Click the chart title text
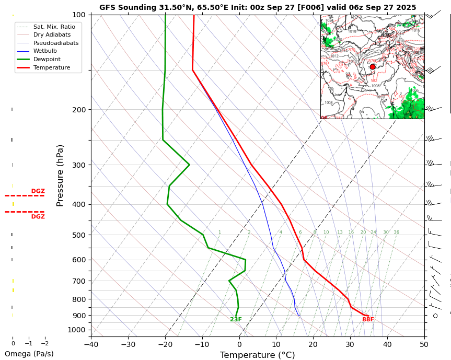tap(258, 7)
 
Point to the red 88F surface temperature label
tap(368, 320)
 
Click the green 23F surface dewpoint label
tap(236, 320)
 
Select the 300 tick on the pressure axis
tap(79, 165)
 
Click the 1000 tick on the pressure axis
tap(77, 330)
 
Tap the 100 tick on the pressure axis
tap(79, 15)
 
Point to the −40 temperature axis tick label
tap(91, 344)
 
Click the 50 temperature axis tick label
tap(424, 344)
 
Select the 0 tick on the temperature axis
tap(239, 344)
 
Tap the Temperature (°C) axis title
tap(257, 355)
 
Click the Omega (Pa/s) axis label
tap(29, 354)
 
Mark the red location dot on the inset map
tap(373, 66)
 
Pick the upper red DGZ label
tap(38, 191)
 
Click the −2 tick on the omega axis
tap(44, 343)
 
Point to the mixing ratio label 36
tap(396, 233)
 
